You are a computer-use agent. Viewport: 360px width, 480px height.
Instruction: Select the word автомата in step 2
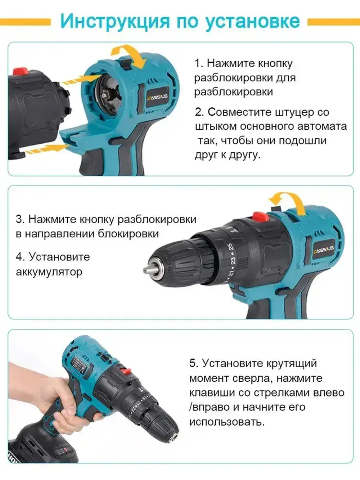coord(322,126)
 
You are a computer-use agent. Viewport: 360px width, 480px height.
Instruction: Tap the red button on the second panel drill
coord(260,217)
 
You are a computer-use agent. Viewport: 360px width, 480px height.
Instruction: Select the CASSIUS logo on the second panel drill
coord(324,249)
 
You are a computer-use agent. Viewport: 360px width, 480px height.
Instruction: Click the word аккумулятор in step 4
coord(49,272)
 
